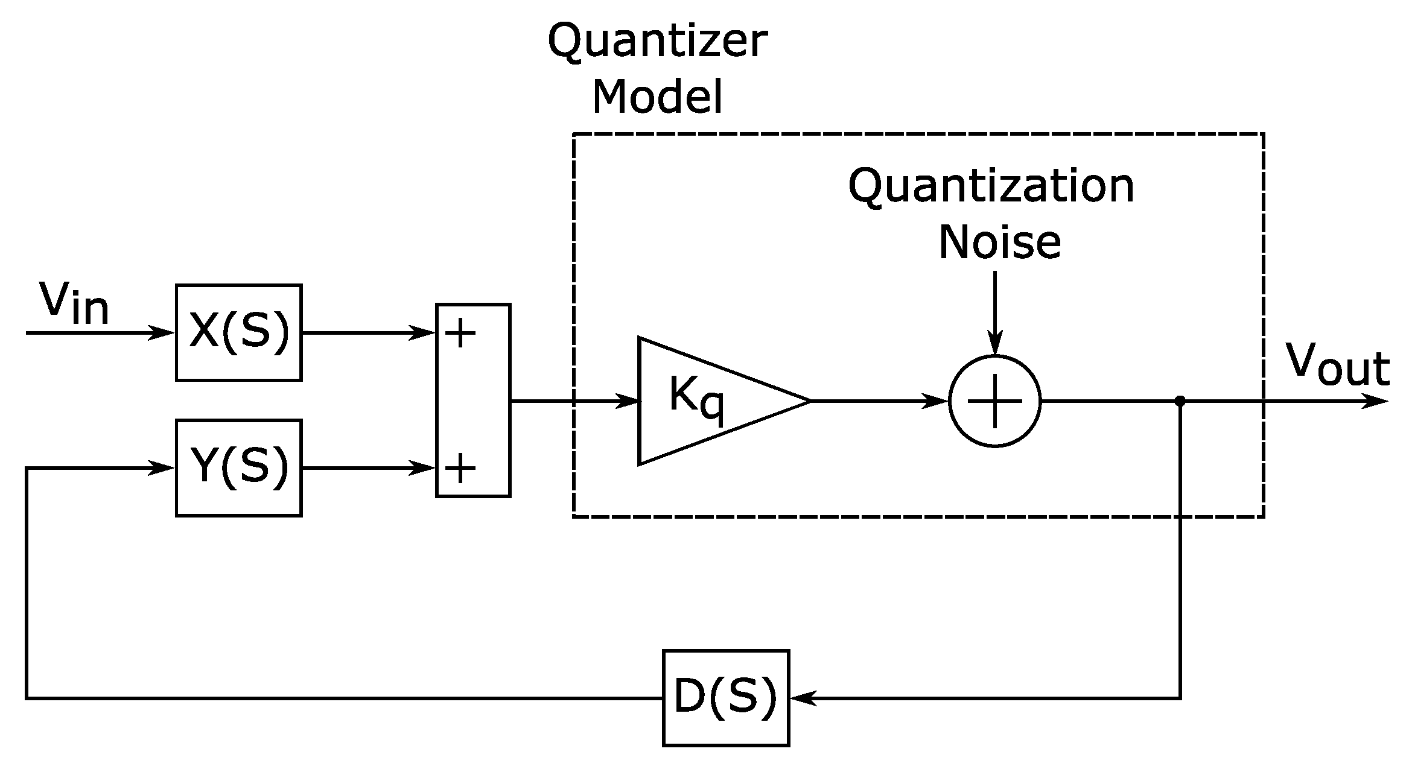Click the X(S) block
pyautogui.click(x=238, y=332)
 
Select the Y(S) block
pyautogui.click(x=238, y=467)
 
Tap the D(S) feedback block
pyautogui.click(x=725, y=698)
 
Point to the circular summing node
pyautogui.click(x=994, y=400)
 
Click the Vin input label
pyautogui.click(x=74, y=303)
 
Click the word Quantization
pyautogui.click(x=991, y=187)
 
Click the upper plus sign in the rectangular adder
pyautogui.click(x=460, y=333)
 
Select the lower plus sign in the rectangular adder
pyautogui.click(x=460, y=468)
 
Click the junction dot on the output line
pyautogui.click(x=1180, y=400)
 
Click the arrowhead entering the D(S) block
pyautogui.click(x=801, y=698)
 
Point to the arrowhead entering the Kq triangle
pyautogui.click(x=628, y=400)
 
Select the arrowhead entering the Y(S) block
pyautogui.click(x=163, y=467)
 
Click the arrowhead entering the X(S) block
pyautogui.click(x=163, y=332)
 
